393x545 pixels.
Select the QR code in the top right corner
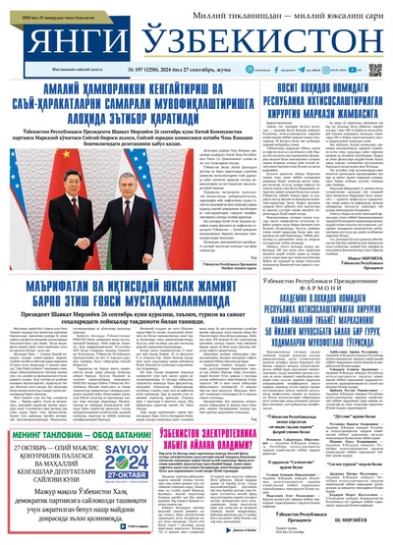[374, 71]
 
